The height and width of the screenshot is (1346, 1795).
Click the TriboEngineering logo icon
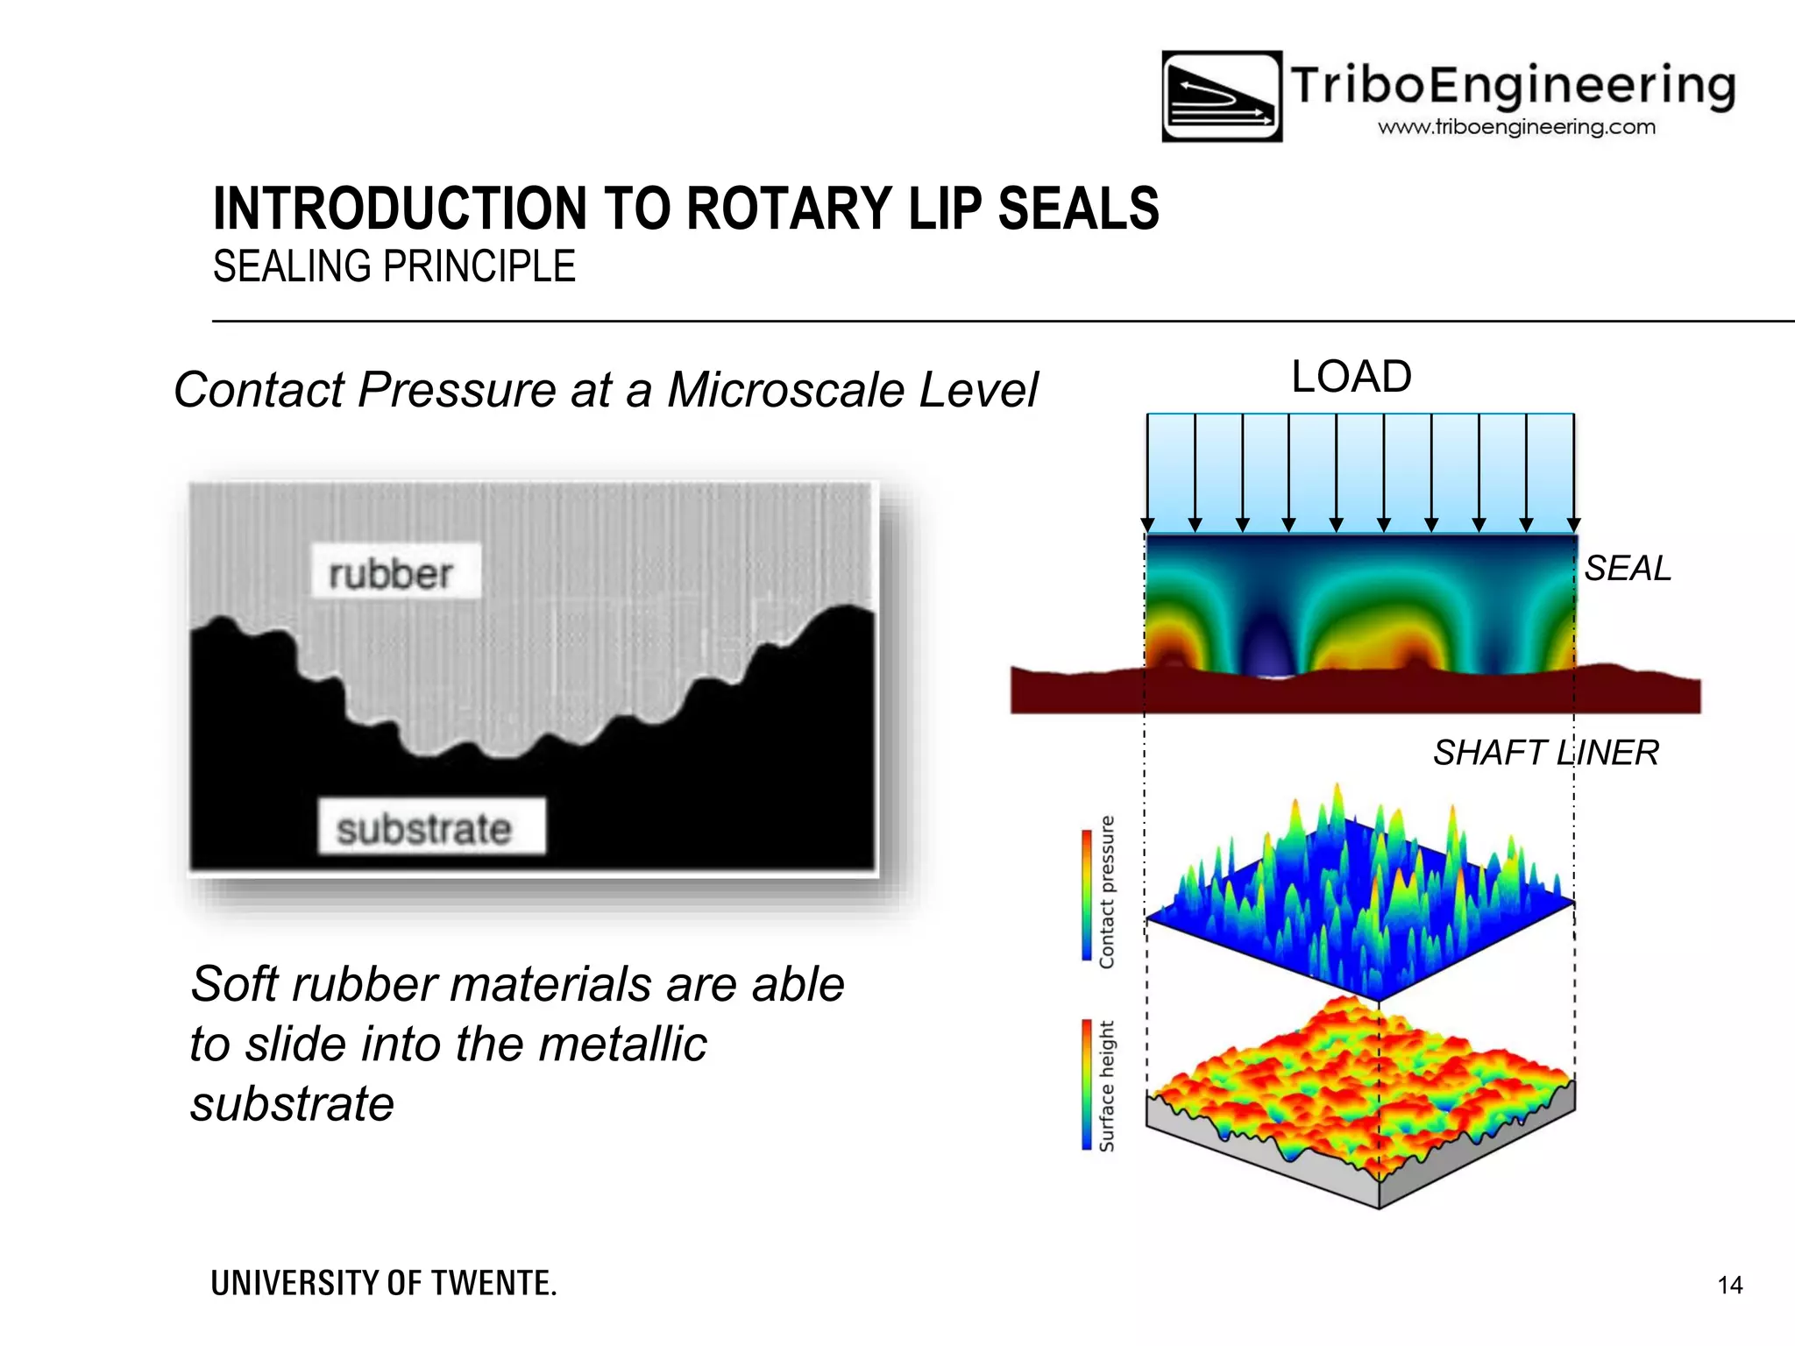coord(1222,96)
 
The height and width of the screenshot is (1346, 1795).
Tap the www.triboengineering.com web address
coord(1516,127)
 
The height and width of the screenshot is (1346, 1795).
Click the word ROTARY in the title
coord(791,209)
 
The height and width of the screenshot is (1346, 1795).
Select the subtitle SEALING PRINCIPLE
coord(394,266)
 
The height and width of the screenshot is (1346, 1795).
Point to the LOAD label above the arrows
coord(1351,377)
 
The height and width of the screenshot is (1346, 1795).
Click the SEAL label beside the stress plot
coord(1628,569)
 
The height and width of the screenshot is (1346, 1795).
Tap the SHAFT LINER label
coord(1545,753)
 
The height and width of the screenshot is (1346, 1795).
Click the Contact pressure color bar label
coord(1106,892)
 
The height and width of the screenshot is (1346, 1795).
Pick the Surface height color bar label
coord(1106,1086)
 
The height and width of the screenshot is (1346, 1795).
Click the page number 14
coord(1729,1286)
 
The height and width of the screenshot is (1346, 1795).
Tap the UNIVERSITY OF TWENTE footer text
coord(384,1284)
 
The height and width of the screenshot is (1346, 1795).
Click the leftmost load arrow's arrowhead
coord(1148,525)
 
